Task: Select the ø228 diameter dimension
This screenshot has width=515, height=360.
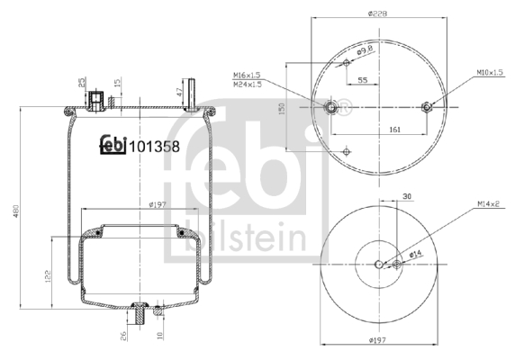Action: [x=378, y=13]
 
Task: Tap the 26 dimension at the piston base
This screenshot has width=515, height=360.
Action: [x=124, y=336]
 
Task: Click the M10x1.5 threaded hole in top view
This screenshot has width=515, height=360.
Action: [x=428, y=107]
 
